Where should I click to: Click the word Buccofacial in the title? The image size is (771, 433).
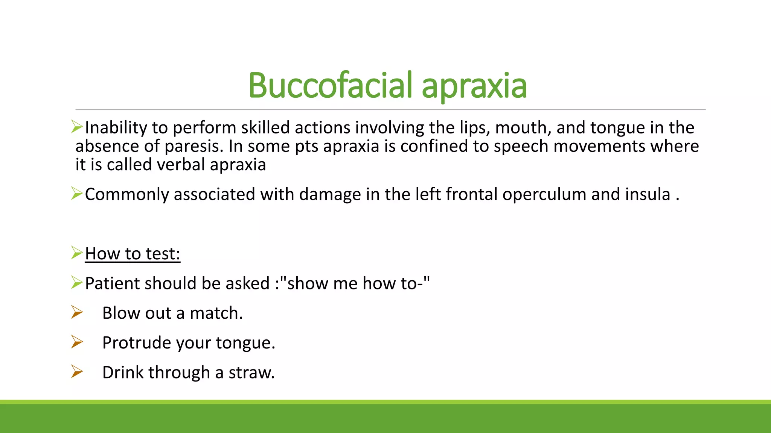(330, 86)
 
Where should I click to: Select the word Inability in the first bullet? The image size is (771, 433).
(116, 128)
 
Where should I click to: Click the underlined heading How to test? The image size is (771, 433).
(133, 254)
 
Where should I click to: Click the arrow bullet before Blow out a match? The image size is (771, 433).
(77, 312)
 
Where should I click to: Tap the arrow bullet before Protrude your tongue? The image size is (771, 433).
(77, 342)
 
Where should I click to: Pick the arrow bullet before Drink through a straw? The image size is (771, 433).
(77, 372)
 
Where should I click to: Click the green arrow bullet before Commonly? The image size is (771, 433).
(77, 194)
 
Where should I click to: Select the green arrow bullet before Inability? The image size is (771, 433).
(77, 127)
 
